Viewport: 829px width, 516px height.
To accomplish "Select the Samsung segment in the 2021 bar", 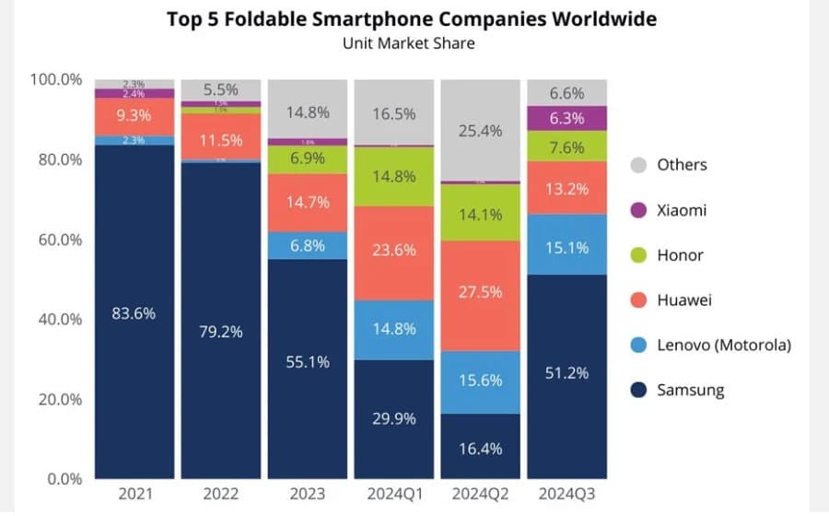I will (134, 312).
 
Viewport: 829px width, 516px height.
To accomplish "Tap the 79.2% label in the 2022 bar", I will (220, 331).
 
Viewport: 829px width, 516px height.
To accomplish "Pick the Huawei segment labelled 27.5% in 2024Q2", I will (480, 292).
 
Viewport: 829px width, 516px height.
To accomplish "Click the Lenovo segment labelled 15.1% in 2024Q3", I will (566, 248).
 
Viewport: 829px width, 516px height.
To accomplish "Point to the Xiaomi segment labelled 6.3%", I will (566, 118).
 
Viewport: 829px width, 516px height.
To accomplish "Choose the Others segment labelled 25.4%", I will (480, 131).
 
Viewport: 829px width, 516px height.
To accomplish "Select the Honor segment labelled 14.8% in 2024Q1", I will (393, 176).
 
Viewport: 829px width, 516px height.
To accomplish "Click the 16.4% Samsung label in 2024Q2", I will (480, 449).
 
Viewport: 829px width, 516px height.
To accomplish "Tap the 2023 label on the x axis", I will (307, 494).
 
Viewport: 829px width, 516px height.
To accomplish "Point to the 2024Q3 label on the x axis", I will (566, 494).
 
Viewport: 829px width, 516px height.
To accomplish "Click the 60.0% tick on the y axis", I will (57, 240).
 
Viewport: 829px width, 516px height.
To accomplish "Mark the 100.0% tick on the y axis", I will (55, 80).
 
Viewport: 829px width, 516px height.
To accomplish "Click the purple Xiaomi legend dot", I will (637, 210).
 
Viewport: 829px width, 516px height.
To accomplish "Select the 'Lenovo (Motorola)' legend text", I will (724, 345).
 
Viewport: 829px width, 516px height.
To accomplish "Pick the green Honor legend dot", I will (637, 255).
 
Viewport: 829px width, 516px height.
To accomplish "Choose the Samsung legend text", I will (690, 390).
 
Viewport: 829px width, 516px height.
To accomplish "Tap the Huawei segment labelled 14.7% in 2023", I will (307, 202).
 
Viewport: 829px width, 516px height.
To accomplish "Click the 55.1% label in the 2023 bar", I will (307, 362).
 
